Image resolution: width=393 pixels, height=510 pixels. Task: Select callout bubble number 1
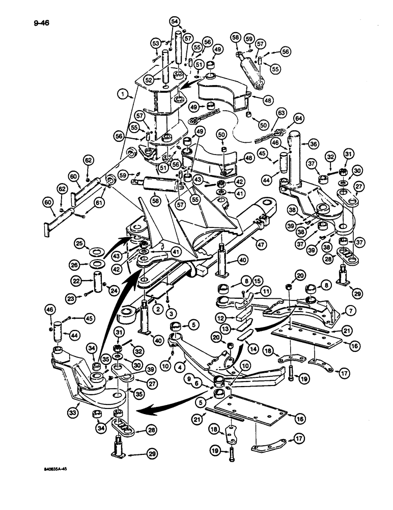point(122,94)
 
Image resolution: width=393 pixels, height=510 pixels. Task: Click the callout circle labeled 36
point(314,144)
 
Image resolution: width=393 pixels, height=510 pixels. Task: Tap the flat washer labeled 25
point(97,252)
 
